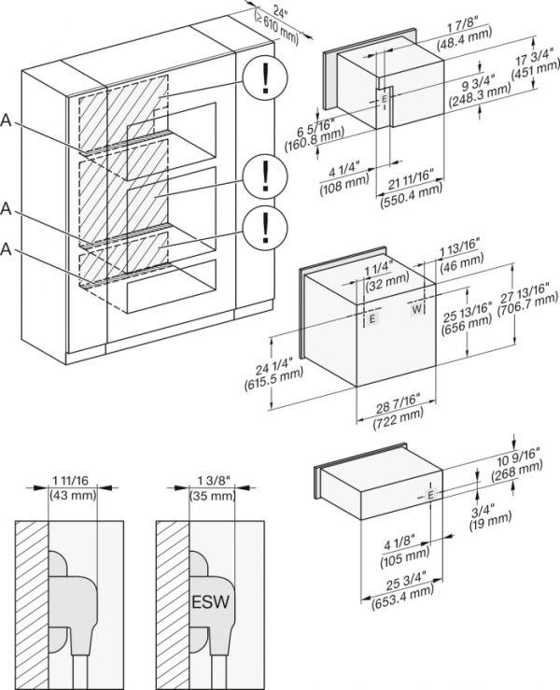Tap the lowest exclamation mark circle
coord(265,226)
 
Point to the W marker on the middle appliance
coord(417,307)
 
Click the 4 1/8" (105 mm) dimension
coord(402,554)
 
